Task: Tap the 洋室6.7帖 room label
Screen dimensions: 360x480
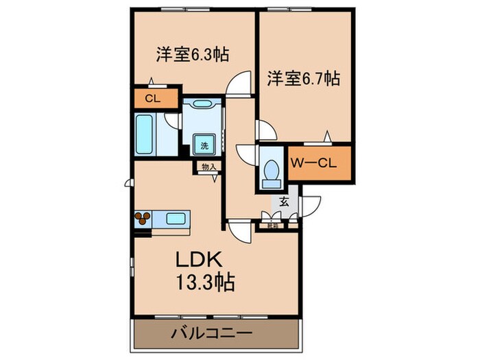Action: [x=302, y=79]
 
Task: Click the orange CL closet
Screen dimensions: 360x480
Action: [x=152, y=98]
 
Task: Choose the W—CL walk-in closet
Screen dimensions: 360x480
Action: [x=320, y=164]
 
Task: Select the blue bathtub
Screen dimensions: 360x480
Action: [x=145, y=136]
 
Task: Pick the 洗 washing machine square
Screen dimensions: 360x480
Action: [x=204, y=145]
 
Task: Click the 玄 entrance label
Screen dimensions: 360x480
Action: [x=284, y=202]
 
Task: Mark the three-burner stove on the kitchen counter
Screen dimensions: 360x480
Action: [x=145, y=219]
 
